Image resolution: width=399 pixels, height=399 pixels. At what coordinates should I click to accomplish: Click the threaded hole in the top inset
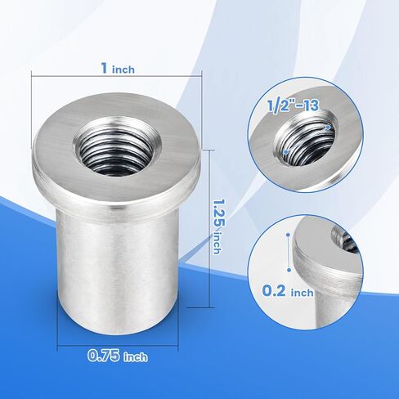(304, 140)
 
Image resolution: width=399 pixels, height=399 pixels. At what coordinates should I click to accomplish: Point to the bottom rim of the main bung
(114, 323)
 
